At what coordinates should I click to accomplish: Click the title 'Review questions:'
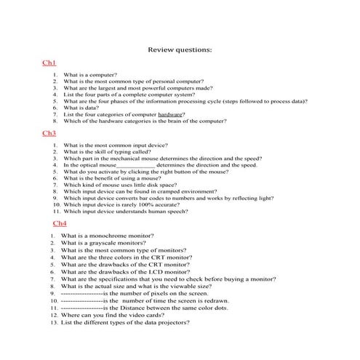click(x=180, y=49)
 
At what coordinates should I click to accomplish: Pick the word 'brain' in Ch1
click(x=191, y=121)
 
